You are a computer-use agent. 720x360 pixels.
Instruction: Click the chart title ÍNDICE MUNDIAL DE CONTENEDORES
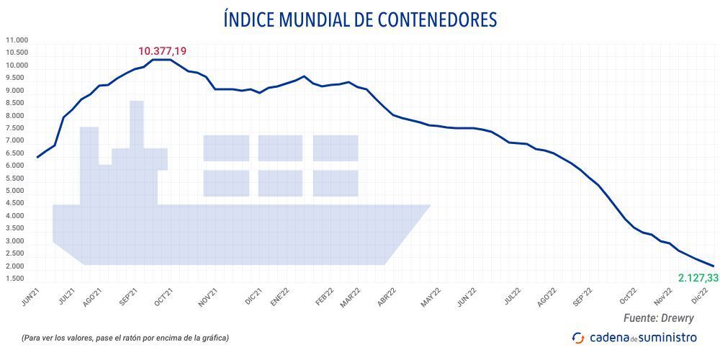tap(360, 19)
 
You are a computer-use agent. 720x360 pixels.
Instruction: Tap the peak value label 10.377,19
tap(162, 51)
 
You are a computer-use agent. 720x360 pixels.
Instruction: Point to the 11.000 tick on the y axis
tap(17, 40)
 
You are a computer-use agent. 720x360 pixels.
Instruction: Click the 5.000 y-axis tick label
tap(17, 191)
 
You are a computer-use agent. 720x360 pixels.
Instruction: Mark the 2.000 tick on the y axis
tap(17, 266)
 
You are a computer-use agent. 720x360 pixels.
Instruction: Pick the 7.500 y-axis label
tap(17, 128)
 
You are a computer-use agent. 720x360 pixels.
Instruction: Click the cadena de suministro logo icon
tap(577, 337)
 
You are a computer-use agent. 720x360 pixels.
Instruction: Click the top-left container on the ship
tap(226, 148)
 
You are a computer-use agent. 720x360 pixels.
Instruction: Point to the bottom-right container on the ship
tap(336, 183)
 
